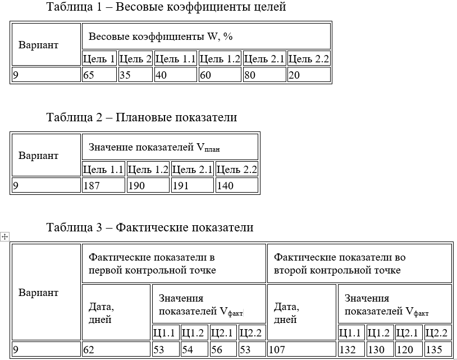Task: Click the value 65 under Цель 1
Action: pyautogui.click(x=89, y=75)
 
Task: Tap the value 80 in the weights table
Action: pyautogui.click(x=250, y=75)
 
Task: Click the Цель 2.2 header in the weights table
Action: pyautogui.click(x=309, y=59)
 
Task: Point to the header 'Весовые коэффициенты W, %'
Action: pyautogui.click(x=161, y=37)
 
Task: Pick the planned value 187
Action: pyautogui.click(x=92, y=185)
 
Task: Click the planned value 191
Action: pyautogui.click(x=180, y=185)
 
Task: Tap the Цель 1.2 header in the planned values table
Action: pyautogui.click(x=148, y=170)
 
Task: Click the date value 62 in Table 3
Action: pyautogui.click(x=89, y=349)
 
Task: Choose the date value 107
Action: pyautogui.click(x=277, y=349)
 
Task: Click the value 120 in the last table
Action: pyautogui.click(x=405, y=349)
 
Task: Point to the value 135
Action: pyautogui.click(x=434, y=349)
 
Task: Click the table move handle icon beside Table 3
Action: pyautogui.click(x=4, y=236)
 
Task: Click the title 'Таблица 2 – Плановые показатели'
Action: pyautogui.click(x=141, y=117)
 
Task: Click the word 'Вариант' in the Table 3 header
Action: pyautogui.click(x=38, y=293)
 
